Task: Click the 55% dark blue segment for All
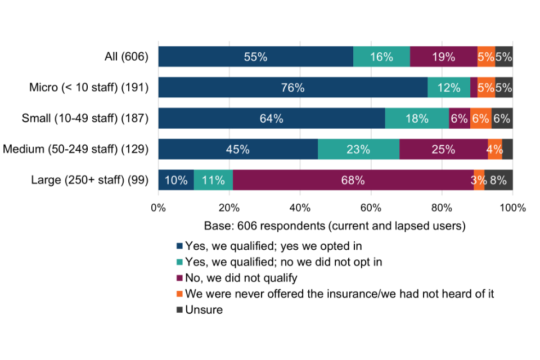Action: point(255,57)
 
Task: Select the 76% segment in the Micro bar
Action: point(292,88)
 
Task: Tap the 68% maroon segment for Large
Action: point(353,180)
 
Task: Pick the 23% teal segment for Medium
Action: point(358,149)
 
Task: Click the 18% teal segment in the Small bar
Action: point(417,119)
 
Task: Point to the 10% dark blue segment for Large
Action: point(176,180)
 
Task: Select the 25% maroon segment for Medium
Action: point(443,149)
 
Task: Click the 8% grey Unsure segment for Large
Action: point(498,180)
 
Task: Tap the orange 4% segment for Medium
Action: point(495,149)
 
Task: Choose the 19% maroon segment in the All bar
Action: point(444,57)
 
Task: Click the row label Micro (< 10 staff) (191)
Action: point(89,88)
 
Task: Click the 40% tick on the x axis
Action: point(300,208)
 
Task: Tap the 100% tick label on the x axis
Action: point(511,208)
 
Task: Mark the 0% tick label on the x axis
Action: point(159,208)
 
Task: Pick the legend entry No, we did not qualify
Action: point(241,277)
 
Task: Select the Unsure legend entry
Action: point(204,309)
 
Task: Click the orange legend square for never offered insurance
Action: point(180,293)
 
